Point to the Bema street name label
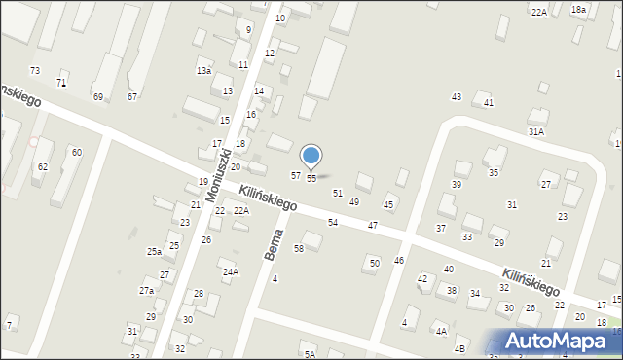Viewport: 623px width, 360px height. point(275,243)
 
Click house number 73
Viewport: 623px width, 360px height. point(35,71)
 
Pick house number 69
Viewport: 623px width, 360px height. point(98,96)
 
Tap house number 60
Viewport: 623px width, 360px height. point(76,153)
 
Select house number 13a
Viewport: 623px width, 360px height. point(203,71)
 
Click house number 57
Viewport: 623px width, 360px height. point(296,175)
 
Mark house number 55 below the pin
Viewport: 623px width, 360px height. point(311,179)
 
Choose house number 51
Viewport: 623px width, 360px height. point(338,194)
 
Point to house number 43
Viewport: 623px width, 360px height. point(456,96)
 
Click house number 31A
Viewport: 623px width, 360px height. point(535,131)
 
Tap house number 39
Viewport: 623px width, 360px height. point(456,185)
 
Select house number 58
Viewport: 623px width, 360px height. point(299,249)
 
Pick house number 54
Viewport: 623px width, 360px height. point(333,223)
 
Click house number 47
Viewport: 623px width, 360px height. point(373,226)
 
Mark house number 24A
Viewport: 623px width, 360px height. point(230,272)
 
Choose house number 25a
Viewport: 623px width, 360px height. point(154,252)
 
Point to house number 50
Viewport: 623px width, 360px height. point(374,264)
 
